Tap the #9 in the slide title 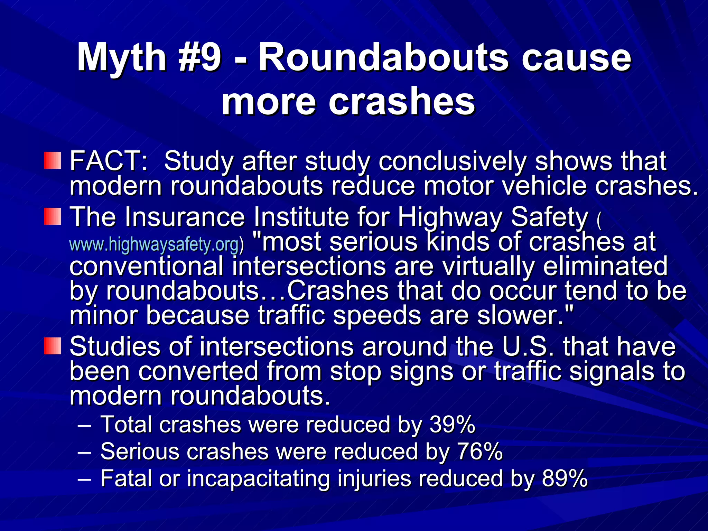pos(200,57)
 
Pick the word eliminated pos(605,266)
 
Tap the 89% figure pos(565,478)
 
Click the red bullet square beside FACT pos(53,161)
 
